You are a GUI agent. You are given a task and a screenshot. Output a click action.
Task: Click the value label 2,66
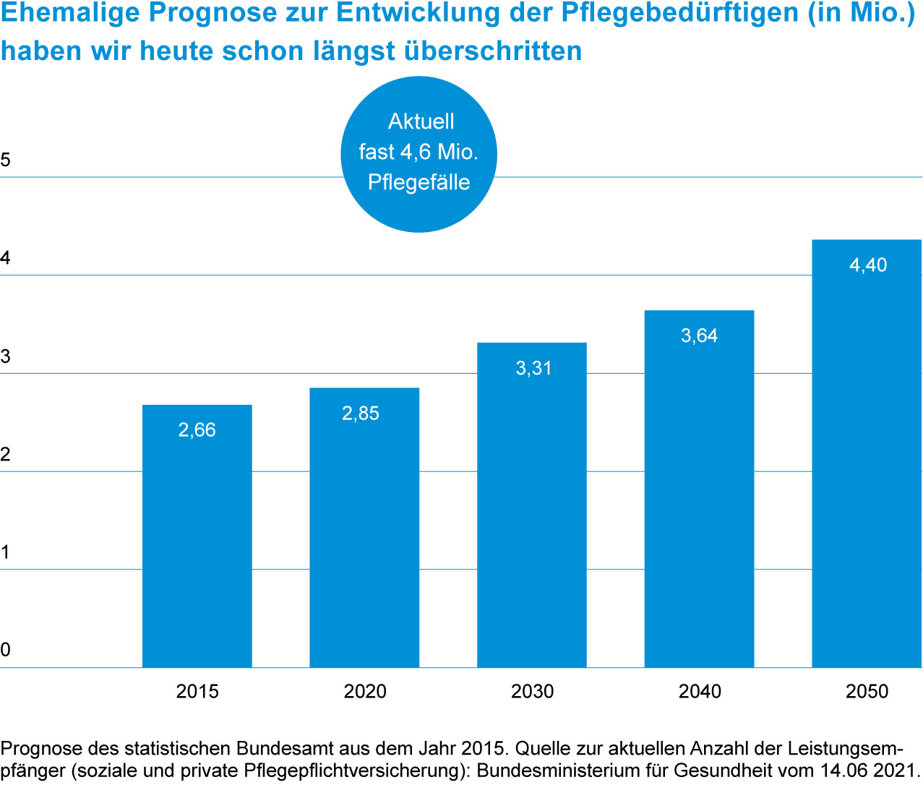[197, 430]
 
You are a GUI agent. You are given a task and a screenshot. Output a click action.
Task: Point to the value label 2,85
[361, 413]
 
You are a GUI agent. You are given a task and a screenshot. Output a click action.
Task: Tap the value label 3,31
[533, 368]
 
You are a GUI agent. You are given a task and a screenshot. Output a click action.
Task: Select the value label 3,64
[699, 335]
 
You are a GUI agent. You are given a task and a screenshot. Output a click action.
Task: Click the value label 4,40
[868, 265]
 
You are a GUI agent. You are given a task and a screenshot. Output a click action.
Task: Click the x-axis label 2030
[532, 692]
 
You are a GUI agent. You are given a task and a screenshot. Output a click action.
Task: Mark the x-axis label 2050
[867, 692]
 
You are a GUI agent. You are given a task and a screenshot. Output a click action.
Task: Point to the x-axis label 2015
[197, 692]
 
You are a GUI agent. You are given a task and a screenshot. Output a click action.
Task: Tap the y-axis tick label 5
[6, 160]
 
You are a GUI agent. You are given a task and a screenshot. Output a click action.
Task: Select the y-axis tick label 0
[6, 650]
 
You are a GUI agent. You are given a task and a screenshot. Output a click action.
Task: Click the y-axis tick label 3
[6, 356]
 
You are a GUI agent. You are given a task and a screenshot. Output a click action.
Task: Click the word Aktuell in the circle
[421, 121]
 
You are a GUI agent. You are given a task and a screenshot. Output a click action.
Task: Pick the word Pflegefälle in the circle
[419, 182]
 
